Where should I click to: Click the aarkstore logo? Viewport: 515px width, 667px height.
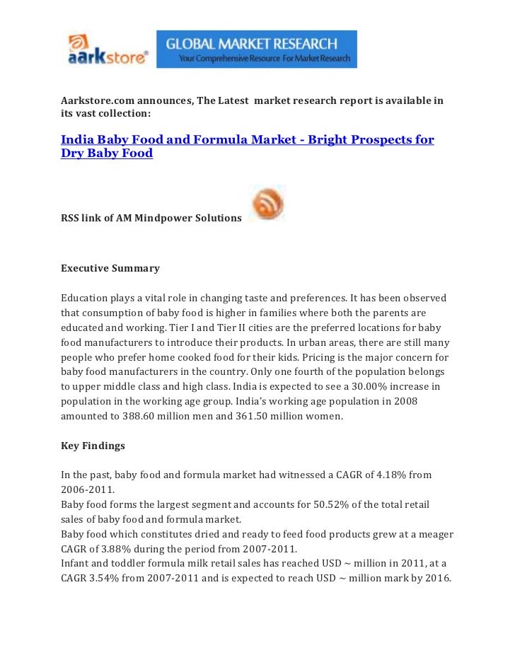pos(108,50)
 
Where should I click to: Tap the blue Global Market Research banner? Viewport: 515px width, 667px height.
pos(256,49)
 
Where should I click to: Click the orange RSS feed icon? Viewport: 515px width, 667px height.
pos(267,203)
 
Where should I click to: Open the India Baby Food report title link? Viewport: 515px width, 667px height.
pos(247,146)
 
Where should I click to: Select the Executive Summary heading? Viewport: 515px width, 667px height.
pos(110,268)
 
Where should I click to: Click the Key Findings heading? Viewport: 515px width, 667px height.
pos(93,446)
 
